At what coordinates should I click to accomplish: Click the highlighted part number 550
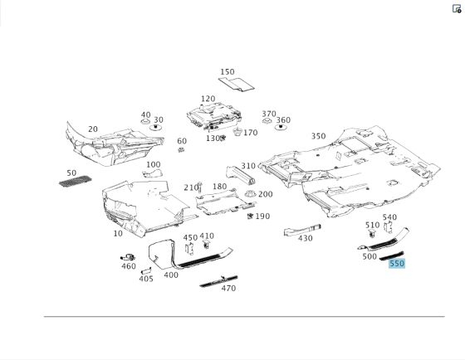(x=397, y=264)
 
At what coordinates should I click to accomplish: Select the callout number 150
(x=228, y=72)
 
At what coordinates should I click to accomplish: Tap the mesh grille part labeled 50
(x=76, y=181)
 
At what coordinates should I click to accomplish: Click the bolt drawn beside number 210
(x=199, y=187)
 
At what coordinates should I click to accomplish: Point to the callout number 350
(x=319, y=136)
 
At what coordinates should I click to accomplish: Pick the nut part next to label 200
(x=250, y=194)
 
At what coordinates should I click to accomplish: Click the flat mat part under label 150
(x=237, y=84)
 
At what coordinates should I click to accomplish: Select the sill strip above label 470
(x=218, y=281)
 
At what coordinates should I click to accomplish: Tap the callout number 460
(x=129, y=266)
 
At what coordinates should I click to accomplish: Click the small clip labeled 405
(x=146, y=270)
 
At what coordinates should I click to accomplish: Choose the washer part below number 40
(x=145, y=121)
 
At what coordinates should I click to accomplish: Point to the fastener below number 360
(x=281, y=128)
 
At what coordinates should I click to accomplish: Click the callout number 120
(x=208, y=99)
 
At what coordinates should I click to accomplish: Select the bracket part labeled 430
(x=302, y=231)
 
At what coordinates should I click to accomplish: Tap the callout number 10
(x=118, y=233)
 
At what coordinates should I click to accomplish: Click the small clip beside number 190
(x=250, y=216)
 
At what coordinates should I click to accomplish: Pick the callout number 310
(x=248, y=166)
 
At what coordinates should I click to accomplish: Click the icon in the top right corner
(x=457, y=9)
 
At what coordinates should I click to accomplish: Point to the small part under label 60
(x=181, y=149)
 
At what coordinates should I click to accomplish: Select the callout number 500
(x=370, y=256)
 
